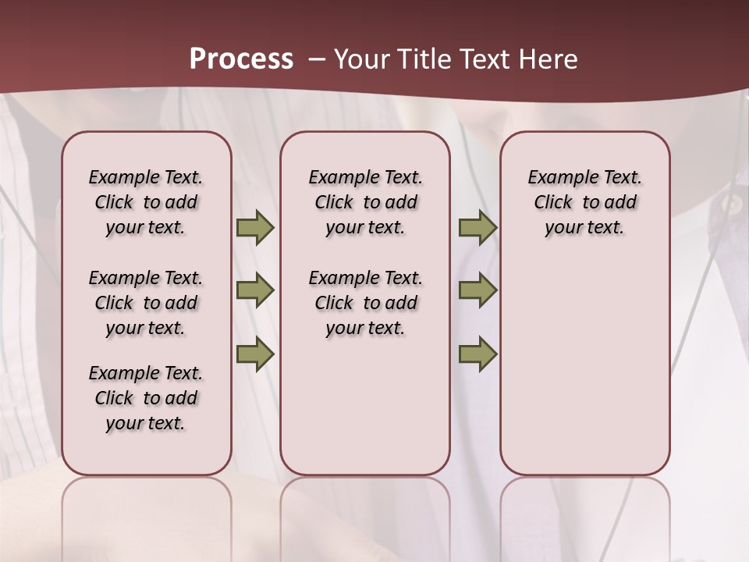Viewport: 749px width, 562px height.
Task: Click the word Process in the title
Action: coord(241,59)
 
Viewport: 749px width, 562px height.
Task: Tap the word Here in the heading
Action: coord(549,59)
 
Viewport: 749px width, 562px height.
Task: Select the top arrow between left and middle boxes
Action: coord(255,227)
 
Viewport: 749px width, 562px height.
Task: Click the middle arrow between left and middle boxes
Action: coord(255,290)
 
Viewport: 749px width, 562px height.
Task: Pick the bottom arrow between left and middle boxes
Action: coord(255,354)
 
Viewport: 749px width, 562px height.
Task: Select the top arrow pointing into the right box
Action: coord(477,227)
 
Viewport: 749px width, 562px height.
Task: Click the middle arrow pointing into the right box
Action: coord(477,290)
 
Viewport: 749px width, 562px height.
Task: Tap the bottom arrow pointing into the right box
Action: coord(477,354)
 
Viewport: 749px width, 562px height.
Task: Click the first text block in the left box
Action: coord(146,202)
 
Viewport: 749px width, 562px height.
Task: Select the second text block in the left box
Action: coord(146,303)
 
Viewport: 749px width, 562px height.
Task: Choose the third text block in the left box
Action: coord(146,398)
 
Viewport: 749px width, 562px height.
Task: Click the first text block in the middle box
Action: coord(366,202)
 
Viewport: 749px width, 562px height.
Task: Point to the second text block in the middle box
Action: coord(366,303)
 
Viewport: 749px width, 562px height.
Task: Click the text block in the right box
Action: coord(585,202)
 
